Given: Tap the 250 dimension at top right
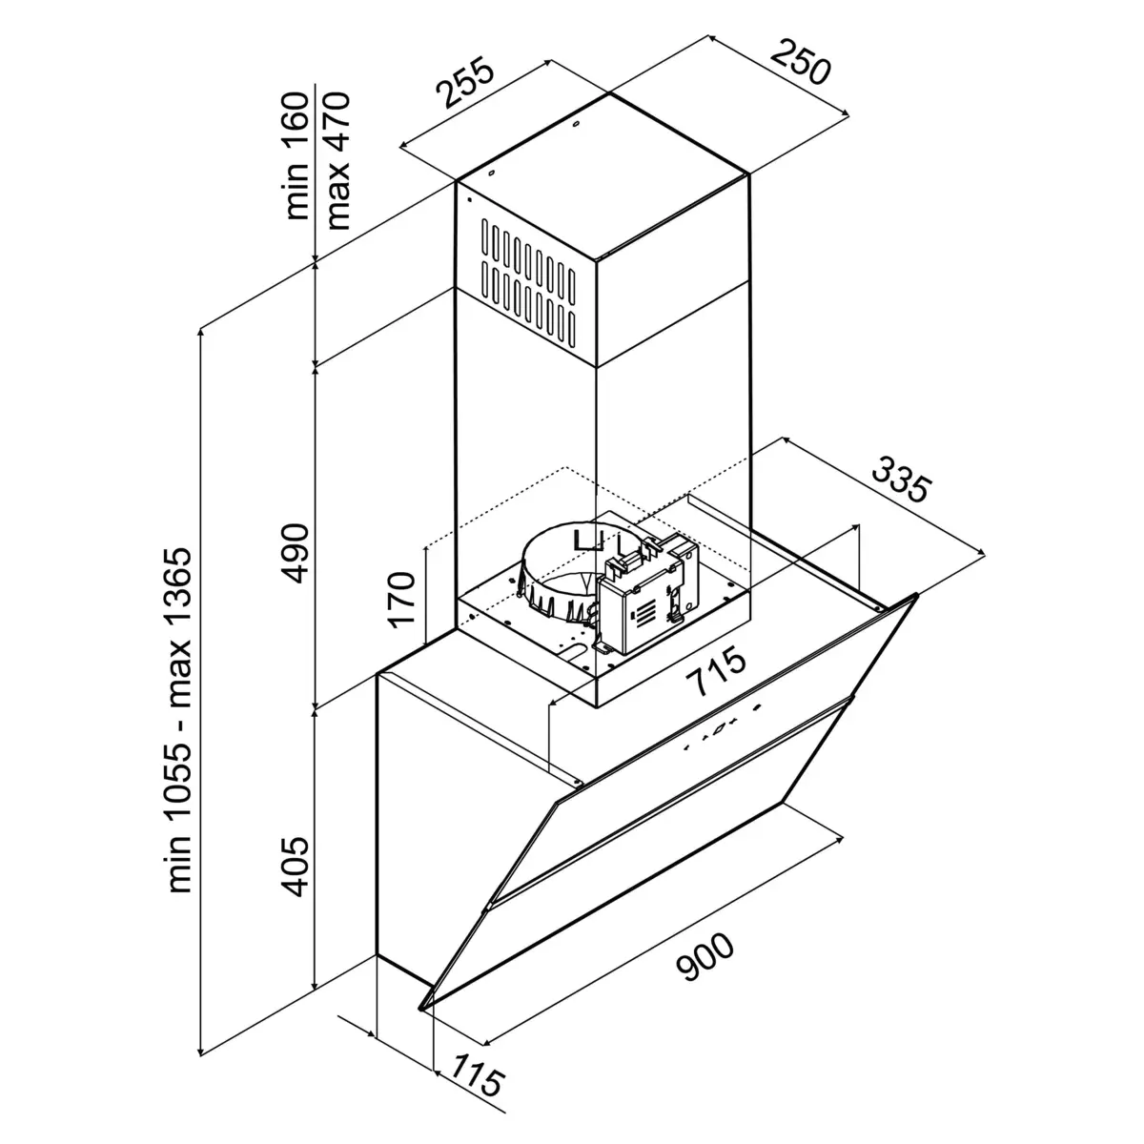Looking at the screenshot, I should [x=801, y=62].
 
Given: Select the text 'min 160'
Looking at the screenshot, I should [x=298, y=155].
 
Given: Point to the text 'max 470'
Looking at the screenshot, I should [x=338, y=159].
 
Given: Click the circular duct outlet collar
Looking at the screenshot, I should [x=558, y=572].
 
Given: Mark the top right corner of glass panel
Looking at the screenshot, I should [x=916, y=596].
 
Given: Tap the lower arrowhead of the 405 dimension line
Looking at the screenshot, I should [x=317, y=987].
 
